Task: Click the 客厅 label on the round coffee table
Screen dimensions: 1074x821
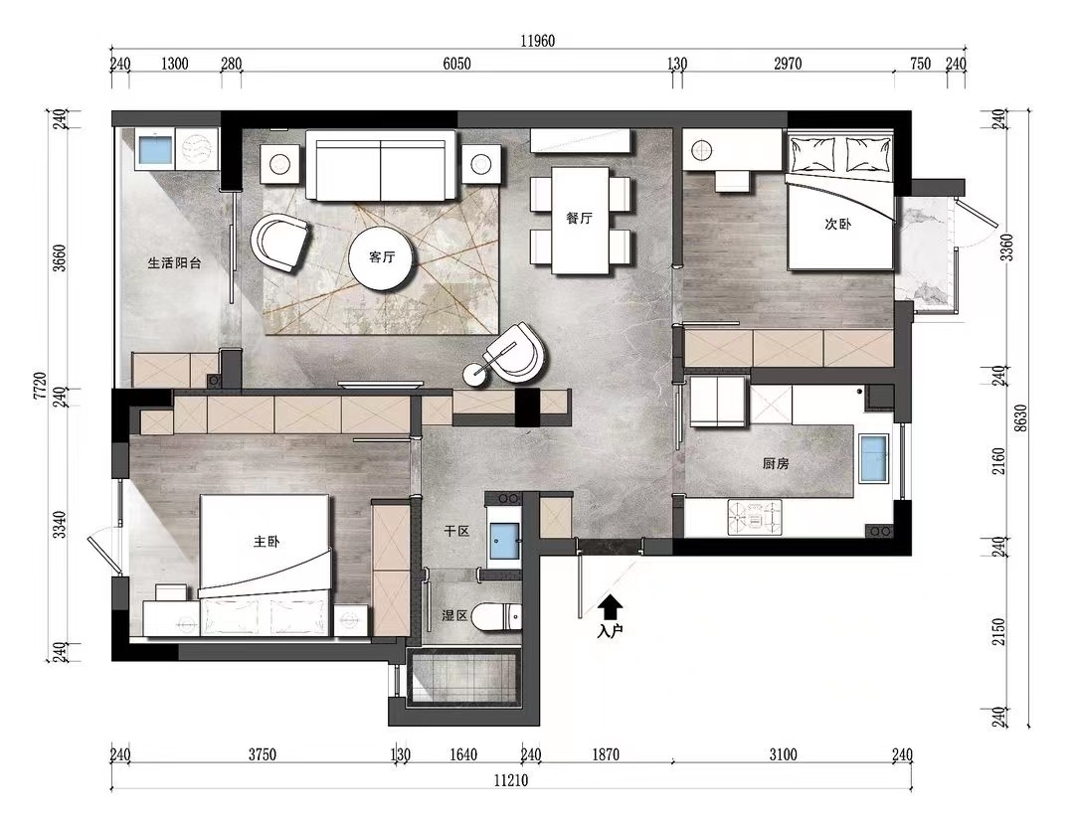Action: click(x=382, y=257)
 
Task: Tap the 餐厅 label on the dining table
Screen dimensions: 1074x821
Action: click(x=580, y=219)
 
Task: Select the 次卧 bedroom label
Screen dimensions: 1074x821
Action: click(x=837, y=224)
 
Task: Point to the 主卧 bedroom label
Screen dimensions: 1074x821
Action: click(x=267, y=542)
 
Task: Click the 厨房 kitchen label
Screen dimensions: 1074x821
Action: click(x=776, y=463)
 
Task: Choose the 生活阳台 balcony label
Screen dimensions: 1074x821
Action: click(x=175, y=263)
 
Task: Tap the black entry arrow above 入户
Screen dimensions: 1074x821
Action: click(x=611, y=606)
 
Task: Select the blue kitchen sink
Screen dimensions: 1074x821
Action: click(x=873, y=458)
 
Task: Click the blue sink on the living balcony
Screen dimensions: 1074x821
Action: click(x=155, y=149)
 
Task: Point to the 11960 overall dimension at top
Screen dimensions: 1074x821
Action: click(x=538, y=41)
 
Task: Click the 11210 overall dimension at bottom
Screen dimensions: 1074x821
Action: click(x=511, y=780)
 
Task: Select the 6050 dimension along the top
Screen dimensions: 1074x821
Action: click(x=456, y=64)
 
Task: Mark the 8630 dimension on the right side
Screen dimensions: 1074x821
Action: click(x=1021, y=418)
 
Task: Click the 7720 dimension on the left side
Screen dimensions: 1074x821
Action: click(x=40, y=386)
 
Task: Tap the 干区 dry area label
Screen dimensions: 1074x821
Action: click(x=456, y=531)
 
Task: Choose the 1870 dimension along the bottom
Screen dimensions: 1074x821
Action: click(x=606, y=754)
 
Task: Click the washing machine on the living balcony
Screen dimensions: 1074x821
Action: click(x=196, y=148)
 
